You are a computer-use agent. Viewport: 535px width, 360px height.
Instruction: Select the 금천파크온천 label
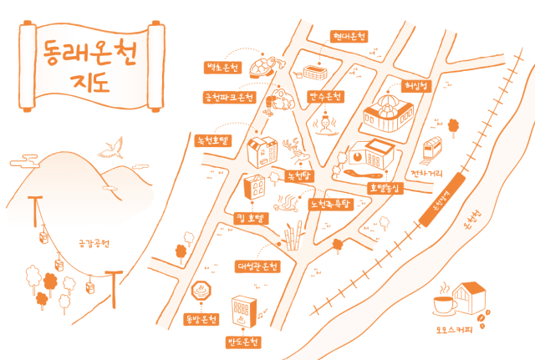click(229, 98)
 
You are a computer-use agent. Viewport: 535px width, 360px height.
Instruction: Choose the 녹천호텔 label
click(212, 140)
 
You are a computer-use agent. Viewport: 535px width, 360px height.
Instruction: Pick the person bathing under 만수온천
click(324, 124)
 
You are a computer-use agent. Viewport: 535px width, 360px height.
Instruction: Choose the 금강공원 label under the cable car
click(94, 245)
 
